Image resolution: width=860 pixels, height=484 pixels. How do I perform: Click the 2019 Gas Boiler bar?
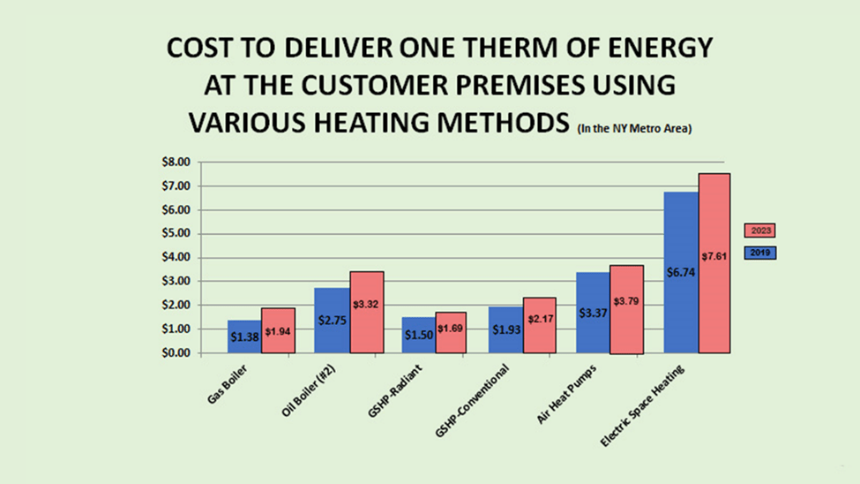243,337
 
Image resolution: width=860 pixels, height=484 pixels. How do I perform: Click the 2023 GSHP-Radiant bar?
452,332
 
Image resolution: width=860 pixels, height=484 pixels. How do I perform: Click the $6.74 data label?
681,273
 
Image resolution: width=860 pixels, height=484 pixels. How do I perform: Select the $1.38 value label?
244,337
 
